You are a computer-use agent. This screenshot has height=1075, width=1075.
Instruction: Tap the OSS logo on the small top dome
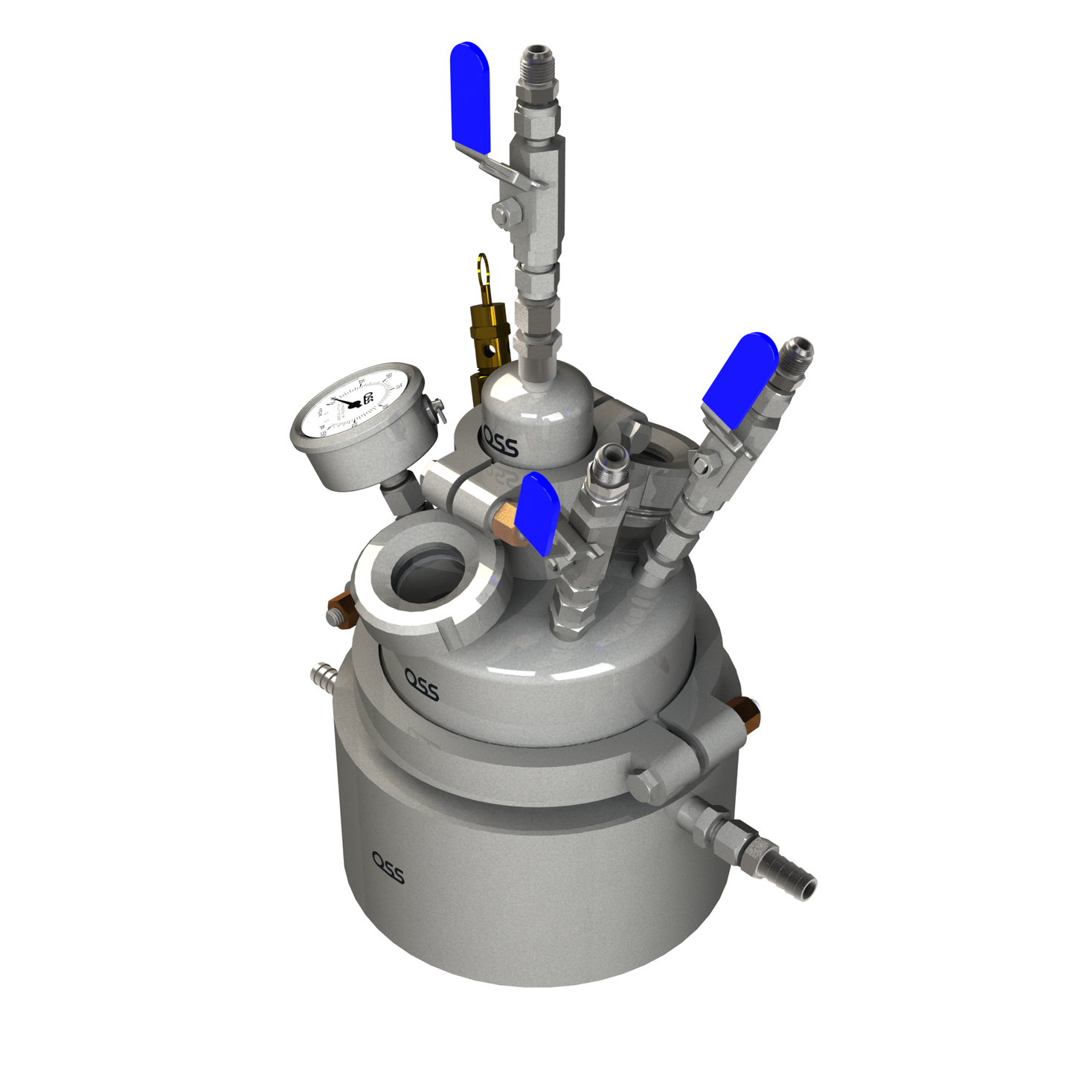pyautogui.click(x=501, y=440)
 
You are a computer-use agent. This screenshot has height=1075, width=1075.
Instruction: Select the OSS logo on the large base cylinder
pyautogui.click(x=388, y=867)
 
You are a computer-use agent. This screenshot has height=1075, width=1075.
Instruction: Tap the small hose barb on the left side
pyautogui.click(x=322, y=676)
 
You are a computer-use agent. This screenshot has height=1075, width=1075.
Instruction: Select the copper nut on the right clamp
pyautogui.click(x=745, y=713)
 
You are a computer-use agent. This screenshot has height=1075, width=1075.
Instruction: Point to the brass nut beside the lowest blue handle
pyautogui.click(x=505, y=516)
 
